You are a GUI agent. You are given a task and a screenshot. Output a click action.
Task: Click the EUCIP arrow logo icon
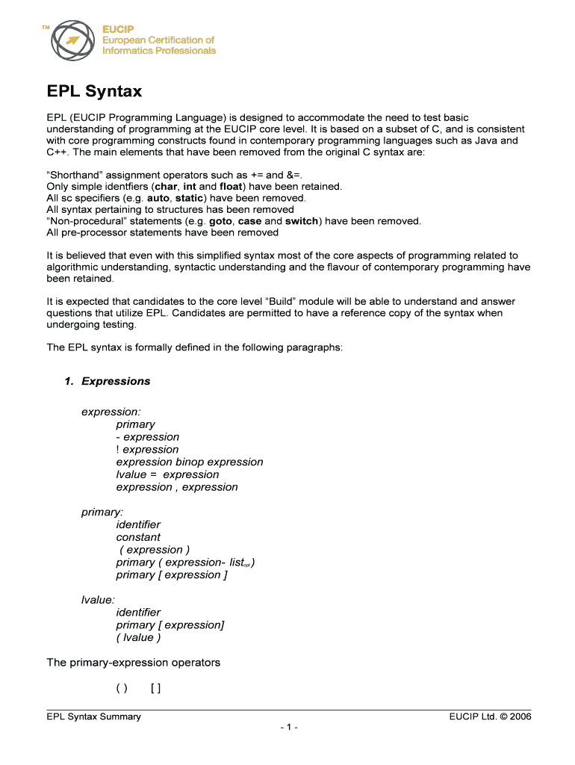coord(73,40)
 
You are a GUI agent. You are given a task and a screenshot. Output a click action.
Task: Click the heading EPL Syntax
coord(94,92)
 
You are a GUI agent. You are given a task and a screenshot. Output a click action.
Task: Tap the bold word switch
coord(302,221)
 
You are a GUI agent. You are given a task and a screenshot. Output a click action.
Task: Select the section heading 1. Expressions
coord(107,381)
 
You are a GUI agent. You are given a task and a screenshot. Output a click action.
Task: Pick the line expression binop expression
coord(190,462)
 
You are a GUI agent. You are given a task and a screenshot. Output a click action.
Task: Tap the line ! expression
coord(147,449)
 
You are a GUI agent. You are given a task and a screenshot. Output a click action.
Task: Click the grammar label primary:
coord(102,512)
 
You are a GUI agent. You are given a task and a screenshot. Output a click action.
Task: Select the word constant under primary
coord(138,537)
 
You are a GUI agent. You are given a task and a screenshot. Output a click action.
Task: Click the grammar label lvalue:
coord(99,600)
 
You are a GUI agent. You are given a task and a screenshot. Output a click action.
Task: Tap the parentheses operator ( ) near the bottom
coord(122,688)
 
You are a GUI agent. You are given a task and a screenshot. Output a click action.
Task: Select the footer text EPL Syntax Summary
coord(93,716)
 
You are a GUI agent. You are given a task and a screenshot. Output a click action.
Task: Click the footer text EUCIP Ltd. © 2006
coord(490,716)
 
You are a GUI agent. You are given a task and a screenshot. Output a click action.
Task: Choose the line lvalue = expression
coord(167,474)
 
